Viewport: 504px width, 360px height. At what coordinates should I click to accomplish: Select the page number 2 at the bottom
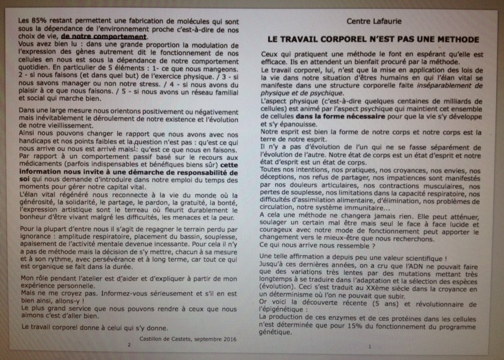[x=127, y=346]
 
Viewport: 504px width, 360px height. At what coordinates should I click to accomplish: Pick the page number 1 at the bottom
[x=371, y=346]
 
